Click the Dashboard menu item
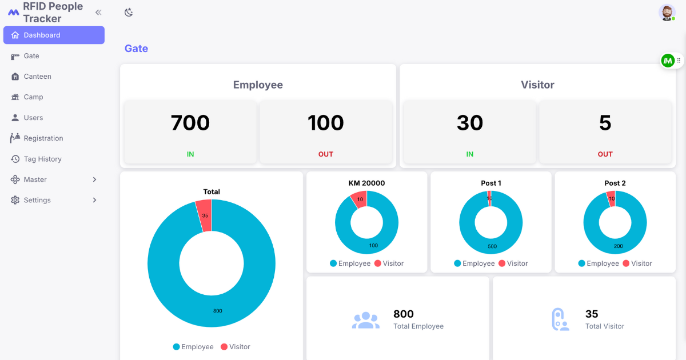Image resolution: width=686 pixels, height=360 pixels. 54,35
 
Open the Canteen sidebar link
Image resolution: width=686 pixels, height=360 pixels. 37,76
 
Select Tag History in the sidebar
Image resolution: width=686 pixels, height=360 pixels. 42,159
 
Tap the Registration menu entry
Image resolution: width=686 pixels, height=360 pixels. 43,138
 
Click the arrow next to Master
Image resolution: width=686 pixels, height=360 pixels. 94,179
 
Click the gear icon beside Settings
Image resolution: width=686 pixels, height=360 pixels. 15,200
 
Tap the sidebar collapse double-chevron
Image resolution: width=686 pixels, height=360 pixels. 98,12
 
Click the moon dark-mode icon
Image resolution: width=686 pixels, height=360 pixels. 129,12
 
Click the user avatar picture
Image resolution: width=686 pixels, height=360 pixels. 667,13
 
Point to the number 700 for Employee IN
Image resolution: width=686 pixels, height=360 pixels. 190,123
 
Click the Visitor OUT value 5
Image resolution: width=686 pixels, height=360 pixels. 605,123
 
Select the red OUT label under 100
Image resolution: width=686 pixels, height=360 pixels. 325,154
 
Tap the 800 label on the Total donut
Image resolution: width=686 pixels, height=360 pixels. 217,311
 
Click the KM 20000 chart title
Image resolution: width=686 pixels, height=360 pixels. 366,183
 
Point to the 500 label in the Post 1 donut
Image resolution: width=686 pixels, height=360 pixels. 492,246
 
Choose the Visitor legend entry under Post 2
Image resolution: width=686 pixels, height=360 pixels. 637,263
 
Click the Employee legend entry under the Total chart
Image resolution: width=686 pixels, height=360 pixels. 193,346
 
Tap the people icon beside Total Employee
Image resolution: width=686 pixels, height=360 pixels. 366,320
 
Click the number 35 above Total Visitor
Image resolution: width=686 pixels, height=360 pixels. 592,314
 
